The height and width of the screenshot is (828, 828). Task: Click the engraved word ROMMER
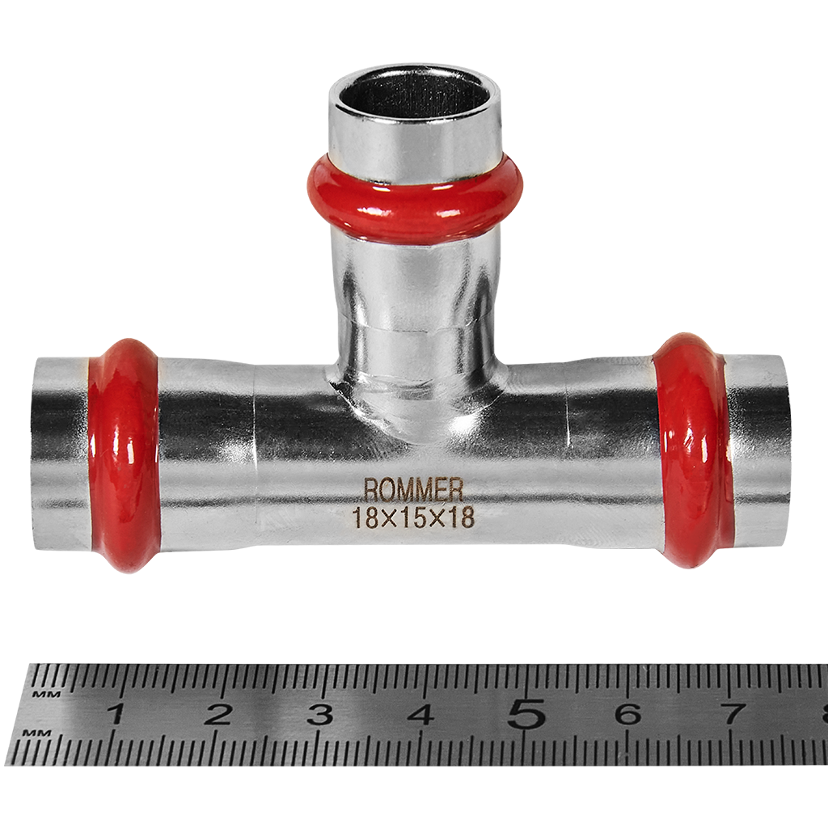click(x=413, y=490)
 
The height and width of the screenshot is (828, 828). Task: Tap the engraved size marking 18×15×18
click(x=413, y=518)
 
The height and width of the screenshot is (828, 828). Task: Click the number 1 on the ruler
click(x=116, y=715)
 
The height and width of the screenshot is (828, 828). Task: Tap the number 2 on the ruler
click(x=218, y=715)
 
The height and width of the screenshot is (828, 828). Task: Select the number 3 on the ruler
click(x=320, y=715)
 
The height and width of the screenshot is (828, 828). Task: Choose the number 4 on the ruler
click(x=422, y=715)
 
